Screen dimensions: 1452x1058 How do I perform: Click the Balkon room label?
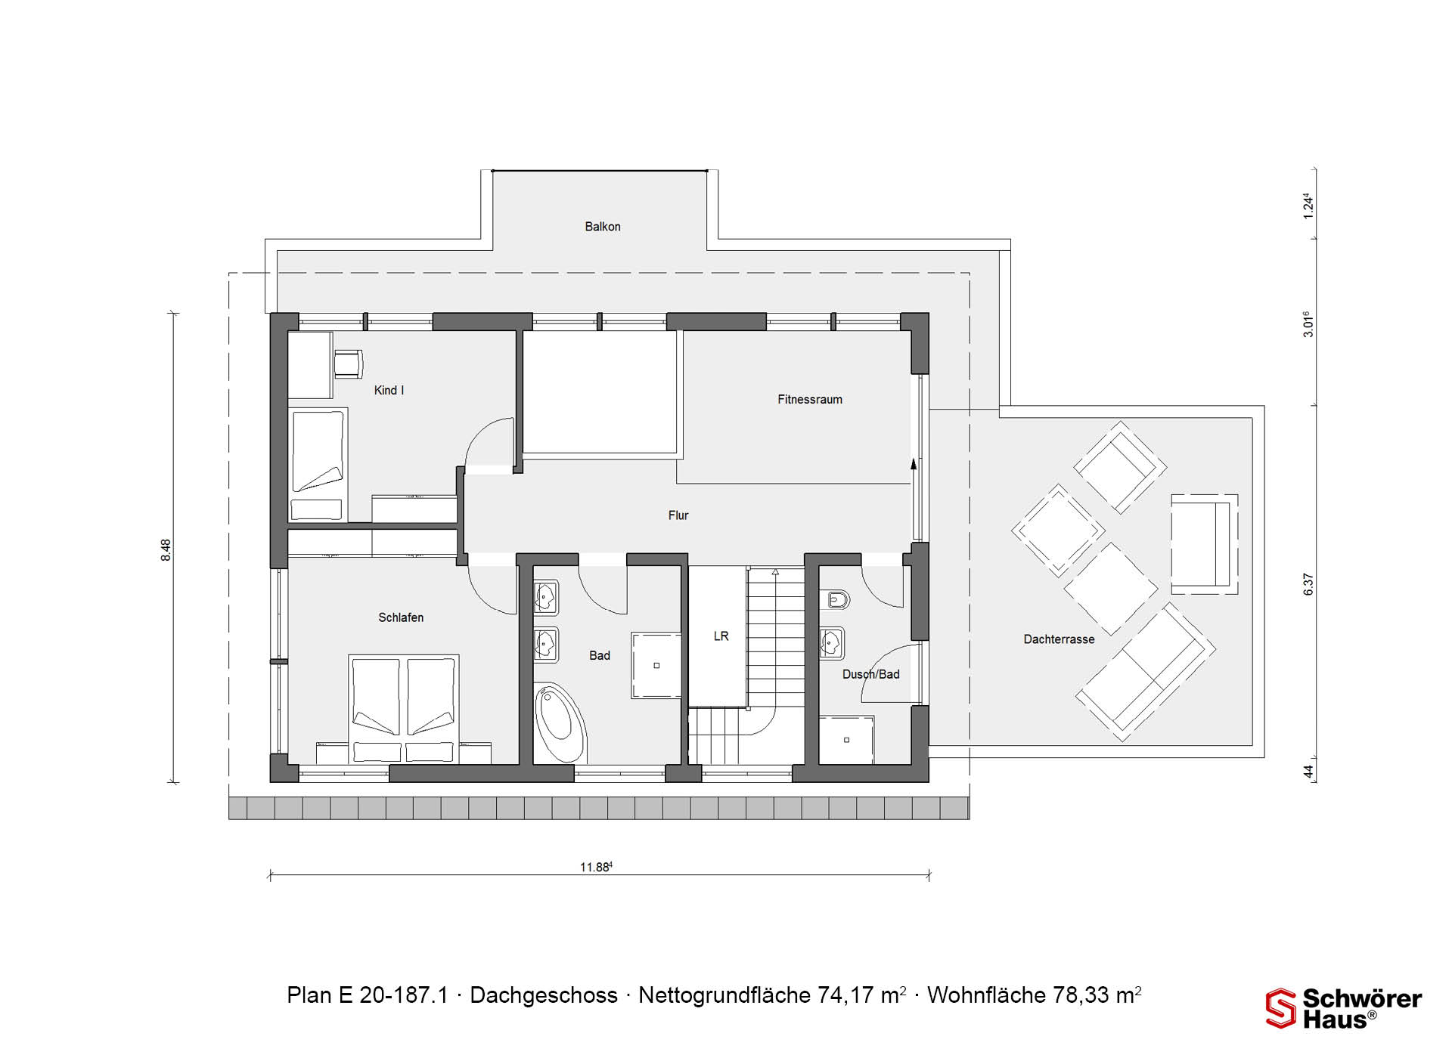(x=603, y=227)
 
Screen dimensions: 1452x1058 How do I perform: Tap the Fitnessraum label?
(x=810, y=399)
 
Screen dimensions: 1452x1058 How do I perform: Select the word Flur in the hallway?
(x=678, y=515)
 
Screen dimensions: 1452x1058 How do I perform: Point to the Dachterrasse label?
(x=1059, y=639)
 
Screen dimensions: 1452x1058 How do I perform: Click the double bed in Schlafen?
(x=404, y=709)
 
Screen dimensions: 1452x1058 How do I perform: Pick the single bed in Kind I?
(x=318, y=465)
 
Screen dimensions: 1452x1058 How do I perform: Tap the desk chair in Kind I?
(x=348, y=363)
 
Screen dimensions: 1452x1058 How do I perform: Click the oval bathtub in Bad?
(x=560, y=723)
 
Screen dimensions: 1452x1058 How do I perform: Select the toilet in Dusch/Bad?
(x=836, y=601)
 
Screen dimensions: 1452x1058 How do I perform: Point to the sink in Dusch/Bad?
(x=832, y=643)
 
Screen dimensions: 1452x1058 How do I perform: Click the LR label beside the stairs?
(x=721, y=636)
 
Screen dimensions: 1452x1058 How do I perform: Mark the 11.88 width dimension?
(x=596, y=868)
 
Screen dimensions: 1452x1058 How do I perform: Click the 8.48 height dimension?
(x=166, y=549)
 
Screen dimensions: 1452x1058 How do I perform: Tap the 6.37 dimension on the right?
(x=1308, y=584)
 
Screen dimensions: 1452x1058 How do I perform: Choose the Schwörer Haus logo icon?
(x=1280, y=1008)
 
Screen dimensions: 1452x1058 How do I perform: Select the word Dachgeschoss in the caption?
(x=544, y=995)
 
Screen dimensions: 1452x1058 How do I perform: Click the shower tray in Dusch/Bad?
(x=846, y=740)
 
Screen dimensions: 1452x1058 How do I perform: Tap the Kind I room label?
(x=389, y=391)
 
